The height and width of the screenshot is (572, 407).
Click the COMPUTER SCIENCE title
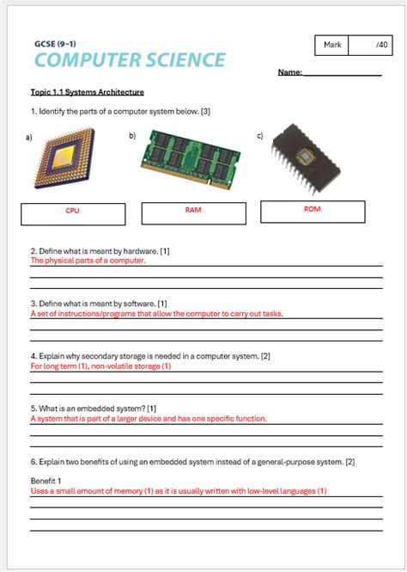(131, 59)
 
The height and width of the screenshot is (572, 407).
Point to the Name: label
(290, 73)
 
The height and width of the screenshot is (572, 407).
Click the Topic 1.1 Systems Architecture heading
(87, 92)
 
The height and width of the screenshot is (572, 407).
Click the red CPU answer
(72, 211)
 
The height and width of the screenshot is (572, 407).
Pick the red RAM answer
(192, 209)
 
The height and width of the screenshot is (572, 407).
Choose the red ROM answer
(313, 208)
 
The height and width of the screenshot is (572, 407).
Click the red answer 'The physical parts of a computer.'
(88, 260)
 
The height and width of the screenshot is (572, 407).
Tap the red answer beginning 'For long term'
(101, 366)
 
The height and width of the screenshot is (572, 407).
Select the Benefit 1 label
(48, 481)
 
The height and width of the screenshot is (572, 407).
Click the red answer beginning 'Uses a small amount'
(179, 491)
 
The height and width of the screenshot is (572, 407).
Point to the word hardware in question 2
(137, 250)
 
